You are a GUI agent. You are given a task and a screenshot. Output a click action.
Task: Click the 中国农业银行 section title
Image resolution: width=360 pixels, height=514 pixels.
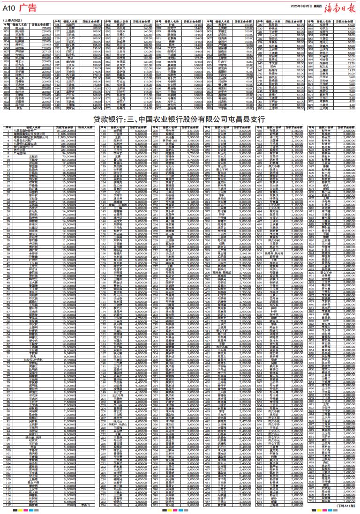tap(180, 119)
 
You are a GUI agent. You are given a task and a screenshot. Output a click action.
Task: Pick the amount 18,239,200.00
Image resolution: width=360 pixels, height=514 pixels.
tap(67, 130)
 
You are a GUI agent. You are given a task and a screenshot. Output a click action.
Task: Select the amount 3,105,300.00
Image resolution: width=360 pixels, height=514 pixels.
tap(68, 133)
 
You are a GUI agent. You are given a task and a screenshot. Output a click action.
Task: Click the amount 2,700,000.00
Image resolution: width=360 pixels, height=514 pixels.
tap(68, 135)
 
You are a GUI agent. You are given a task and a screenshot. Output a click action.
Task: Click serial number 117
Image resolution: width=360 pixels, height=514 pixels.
tap(8, 505)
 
